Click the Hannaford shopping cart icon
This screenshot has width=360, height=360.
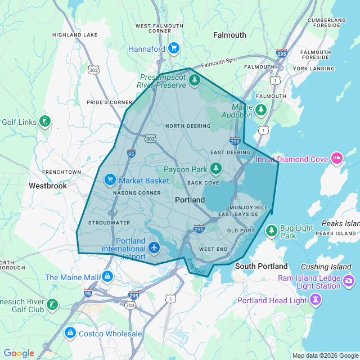pos(174,49)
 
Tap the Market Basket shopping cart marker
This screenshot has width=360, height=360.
pos(110,180)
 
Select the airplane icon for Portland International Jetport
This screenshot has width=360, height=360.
pos(155,247)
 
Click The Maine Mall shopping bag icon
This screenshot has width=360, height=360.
pos(107,277)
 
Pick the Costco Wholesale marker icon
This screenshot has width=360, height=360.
pos(70,334)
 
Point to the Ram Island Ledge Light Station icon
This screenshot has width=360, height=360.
pos(348,280)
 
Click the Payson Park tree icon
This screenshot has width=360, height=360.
pos(215,169)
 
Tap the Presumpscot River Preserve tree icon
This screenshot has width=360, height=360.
pos(195,80)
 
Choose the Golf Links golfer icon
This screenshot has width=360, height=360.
pos(44,121)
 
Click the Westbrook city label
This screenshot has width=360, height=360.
pos(48,186)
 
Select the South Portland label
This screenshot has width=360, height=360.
pos(261,266)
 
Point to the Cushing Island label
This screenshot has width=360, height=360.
pos(325,267)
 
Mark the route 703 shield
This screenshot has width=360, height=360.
pos(130,305)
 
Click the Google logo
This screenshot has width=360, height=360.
pos(19,353)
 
